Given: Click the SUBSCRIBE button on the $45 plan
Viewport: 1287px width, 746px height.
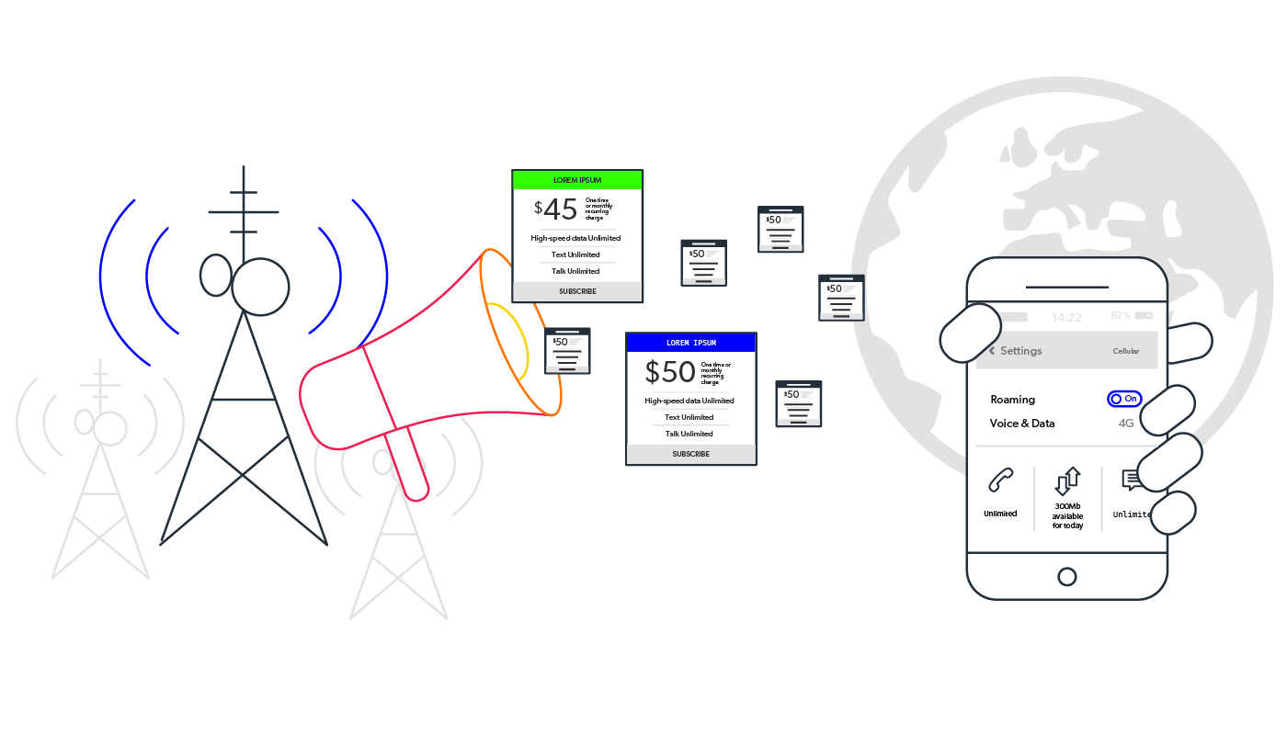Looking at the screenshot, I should point(577,291).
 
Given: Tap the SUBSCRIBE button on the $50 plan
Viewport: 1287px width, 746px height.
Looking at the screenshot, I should point(690,454).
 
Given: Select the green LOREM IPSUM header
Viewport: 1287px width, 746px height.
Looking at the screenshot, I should point(577,180).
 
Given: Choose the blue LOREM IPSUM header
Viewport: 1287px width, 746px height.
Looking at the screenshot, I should point(690,343).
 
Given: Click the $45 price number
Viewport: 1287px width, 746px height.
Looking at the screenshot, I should point(560,209).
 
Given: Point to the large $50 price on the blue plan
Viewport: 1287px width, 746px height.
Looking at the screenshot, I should point(671,372).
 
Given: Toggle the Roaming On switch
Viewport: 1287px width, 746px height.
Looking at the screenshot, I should point(1124,399).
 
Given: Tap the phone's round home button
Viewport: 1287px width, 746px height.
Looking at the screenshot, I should point(1067,577).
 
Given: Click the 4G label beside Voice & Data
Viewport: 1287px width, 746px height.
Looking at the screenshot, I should point(1126,424).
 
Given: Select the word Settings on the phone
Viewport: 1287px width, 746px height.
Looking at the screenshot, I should point(1020,351).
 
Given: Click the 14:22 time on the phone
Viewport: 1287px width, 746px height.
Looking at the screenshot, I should point(1066,318).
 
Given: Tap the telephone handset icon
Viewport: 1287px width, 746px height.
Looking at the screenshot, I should point(1000,481).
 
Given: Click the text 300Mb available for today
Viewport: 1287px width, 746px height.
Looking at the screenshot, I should point(1067,515).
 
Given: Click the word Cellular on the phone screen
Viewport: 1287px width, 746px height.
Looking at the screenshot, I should point(1125,351).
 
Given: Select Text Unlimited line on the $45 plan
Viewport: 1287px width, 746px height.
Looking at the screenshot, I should point(575,254).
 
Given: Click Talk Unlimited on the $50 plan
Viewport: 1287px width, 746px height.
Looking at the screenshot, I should point(689,434).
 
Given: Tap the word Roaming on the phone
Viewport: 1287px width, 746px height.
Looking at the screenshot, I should point(1012,400).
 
